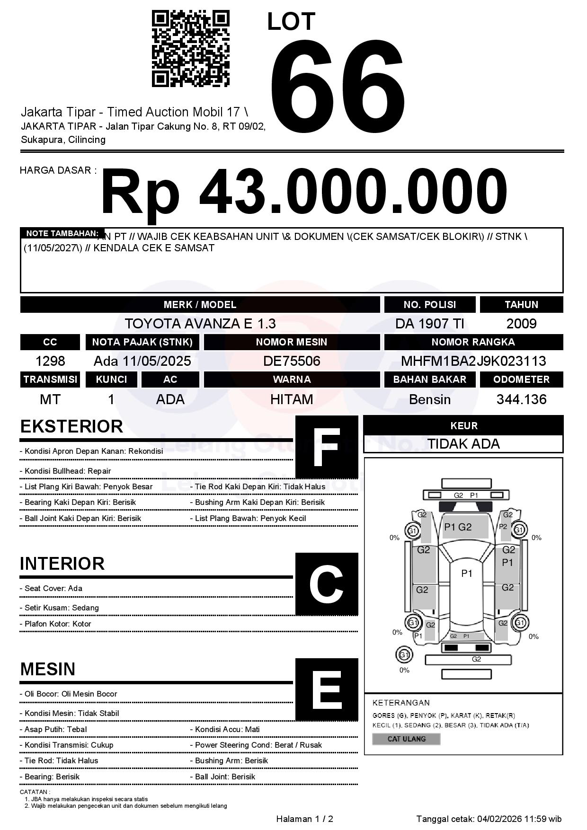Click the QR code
[x=190, y=49]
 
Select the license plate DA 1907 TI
[x=429, y=324]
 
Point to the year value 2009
[x=521, y=324]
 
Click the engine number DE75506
[x=292, y=361]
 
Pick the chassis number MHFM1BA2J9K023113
[x=473, y=361]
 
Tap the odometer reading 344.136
[x=521, y=399]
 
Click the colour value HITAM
[x=292, y=399]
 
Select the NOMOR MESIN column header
[x=292, y=342]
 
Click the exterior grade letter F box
[x=327, y=447]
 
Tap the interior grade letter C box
[x=327, y=584]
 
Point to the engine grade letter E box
[x=327, y=689]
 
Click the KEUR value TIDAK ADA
[x=463, y=444]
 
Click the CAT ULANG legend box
[x=406, y=739]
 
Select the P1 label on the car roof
[x=467, y=574]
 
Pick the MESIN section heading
[x=48, y=669]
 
